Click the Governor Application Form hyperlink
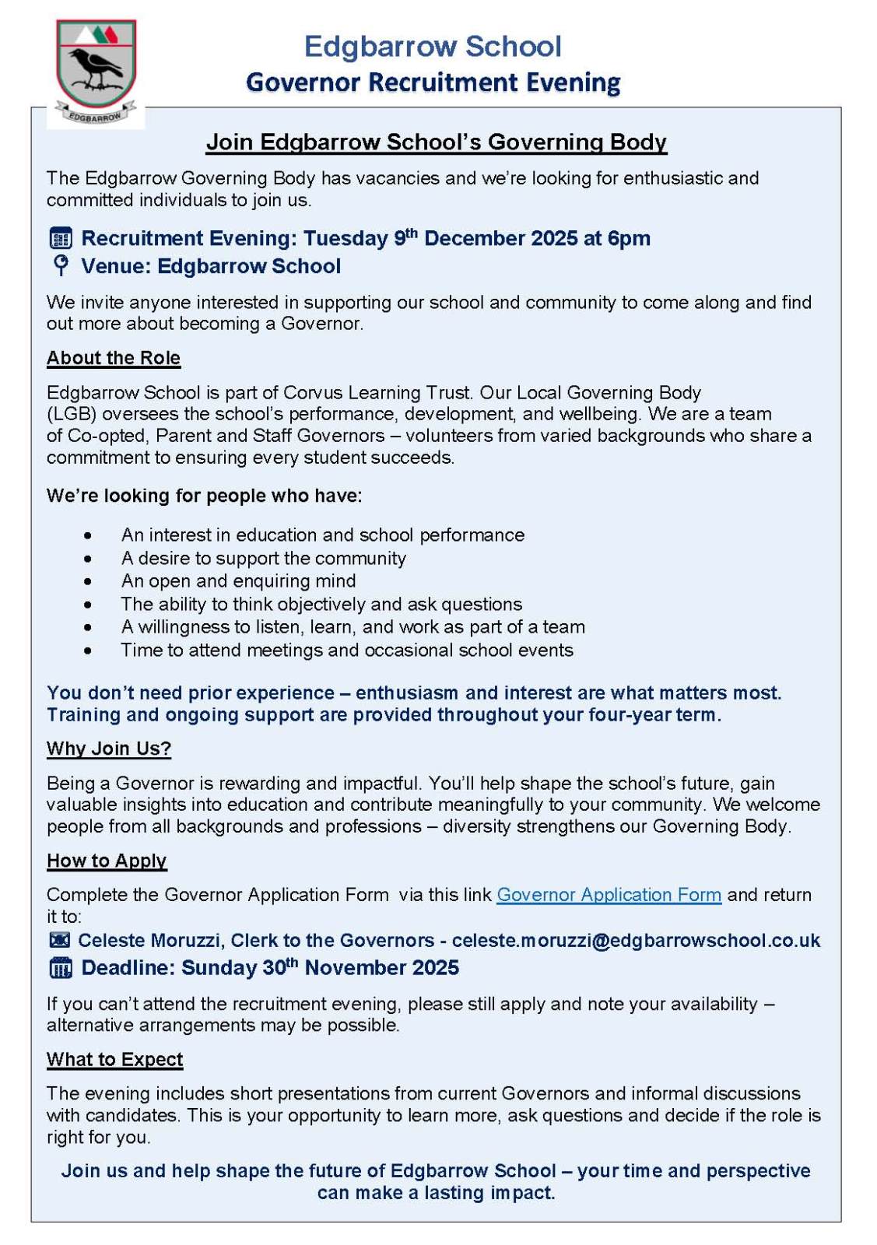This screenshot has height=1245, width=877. coord(609,895)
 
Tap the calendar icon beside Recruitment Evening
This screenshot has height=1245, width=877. coord(61,238)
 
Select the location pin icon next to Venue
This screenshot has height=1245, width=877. coord(61,265)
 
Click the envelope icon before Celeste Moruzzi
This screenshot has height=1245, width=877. coord(60,940)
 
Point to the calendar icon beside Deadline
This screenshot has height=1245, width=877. coord(61,968)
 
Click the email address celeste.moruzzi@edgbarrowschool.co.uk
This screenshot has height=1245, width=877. coord(636,940)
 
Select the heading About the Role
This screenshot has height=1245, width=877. coord(114,358)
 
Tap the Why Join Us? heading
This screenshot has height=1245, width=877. coord(109,749)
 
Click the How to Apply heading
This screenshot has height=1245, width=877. coord(107,861)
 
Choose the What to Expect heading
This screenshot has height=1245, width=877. coord(114,1060)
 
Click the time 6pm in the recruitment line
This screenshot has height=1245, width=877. coord(629,238)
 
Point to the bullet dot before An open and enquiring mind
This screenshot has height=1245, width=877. coord(88,581)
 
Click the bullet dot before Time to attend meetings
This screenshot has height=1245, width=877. coord(88,651)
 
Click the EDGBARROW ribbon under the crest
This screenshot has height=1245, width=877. coord(95,116)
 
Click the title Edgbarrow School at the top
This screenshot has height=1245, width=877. coord(433,47)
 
